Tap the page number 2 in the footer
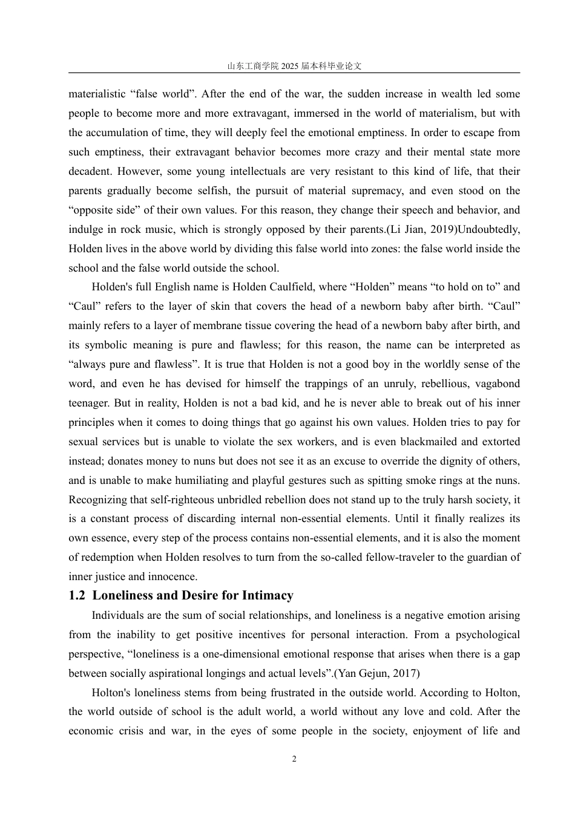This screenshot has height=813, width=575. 294,759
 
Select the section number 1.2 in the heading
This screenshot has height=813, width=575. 77,595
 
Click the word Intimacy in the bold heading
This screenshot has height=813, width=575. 268,595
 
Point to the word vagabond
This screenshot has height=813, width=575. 498,384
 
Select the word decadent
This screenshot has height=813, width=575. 88,171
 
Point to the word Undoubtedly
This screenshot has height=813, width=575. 489,229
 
